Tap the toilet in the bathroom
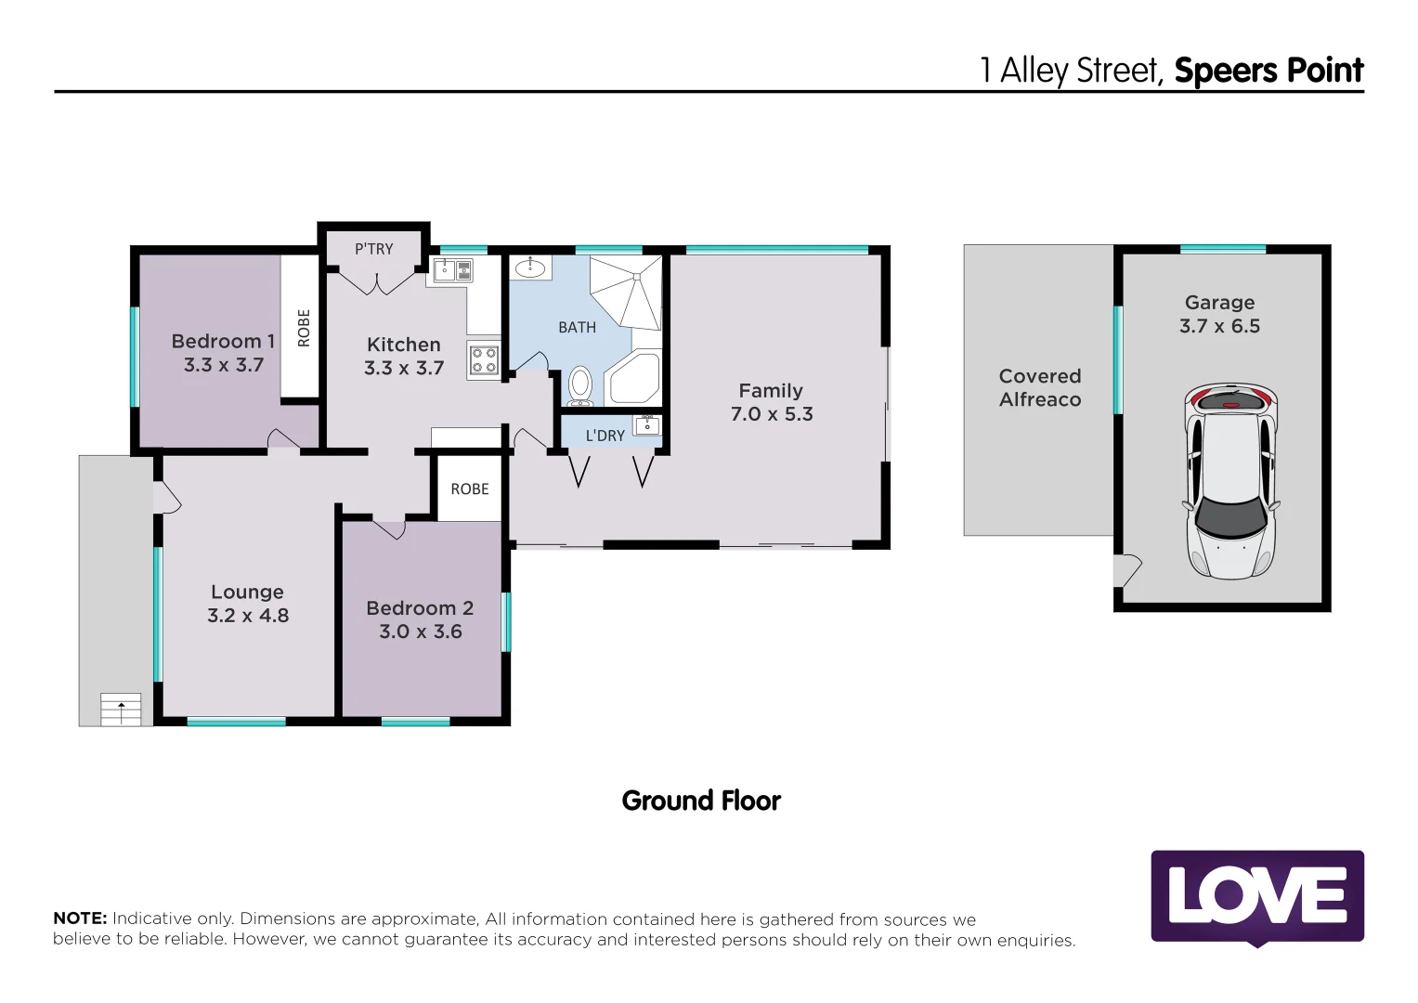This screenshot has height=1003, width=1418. tap(580, 384)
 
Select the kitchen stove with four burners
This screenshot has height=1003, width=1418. tap(483, 359)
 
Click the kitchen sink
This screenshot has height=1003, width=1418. tap(453, 270)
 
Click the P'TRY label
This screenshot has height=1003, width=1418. tap(373, 249)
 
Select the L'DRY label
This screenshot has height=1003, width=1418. tap(605, 436)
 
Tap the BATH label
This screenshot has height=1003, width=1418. tap(577, 327)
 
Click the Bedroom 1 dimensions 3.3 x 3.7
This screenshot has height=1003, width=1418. tap(224, 365)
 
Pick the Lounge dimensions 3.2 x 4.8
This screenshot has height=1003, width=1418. tap(248, 616)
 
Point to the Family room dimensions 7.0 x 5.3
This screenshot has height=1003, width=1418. tap(772, 414)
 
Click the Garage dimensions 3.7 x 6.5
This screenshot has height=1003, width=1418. tap(1219, 326)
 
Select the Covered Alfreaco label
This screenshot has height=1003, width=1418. tap(1040, 387)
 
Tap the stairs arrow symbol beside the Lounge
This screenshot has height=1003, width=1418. tap(121, 710)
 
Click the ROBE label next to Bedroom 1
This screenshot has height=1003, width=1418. tap(304, 328)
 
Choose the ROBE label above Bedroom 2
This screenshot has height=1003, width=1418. tap(470, 488)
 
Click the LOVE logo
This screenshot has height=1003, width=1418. tap(1257, 896)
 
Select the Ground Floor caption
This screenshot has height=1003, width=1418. tap(701, 801)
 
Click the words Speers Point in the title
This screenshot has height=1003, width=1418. tap(1268, 71)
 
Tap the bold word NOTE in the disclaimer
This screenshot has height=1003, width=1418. tap(80, 918)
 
